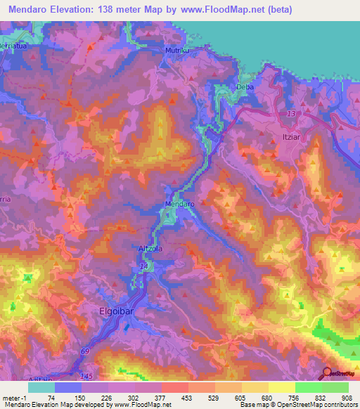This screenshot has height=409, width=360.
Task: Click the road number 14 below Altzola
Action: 145,268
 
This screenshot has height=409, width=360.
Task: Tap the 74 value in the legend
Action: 51,398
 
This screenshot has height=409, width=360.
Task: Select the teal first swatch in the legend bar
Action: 41,387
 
